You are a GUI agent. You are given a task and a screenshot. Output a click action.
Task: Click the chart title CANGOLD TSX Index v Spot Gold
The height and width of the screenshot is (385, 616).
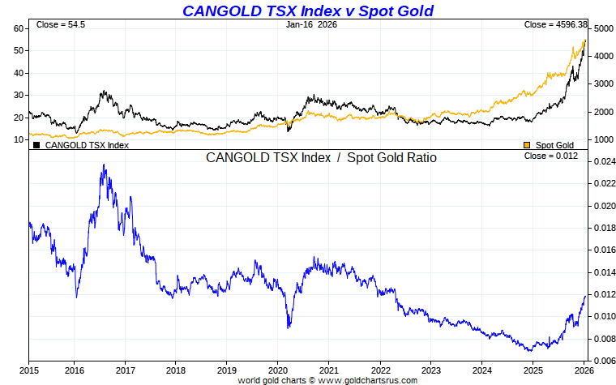(x=307, y=11)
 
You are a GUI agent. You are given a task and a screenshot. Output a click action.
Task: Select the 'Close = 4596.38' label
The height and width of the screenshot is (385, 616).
(x=555, y=25)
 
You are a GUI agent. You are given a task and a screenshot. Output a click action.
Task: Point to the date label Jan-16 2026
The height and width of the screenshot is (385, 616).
(x=311, y=25)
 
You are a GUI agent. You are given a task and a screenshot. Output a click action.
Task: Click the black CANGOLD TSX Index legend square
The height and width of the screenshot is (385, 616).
(x=36, y=145)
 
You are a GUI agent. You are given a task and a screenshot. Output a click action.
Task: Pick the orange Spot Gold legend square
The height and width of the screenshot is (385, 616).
(x=528, y=145)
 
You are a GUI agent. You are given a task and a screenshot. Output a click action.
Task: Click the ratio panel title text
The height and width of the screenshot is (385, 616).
(x=321, y=158)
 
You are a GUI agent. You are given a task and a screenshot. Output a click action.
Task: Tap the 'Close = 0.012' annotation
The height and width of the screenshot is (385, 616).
(x=551, y=156)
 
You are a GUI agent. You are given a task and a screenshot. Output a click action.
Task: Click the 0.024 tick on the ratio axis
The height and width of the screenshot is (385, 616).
(x=603, y=162)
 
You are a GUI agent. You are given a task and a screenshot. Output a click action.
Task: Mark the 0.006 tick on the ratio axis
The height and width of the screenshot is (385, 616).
(x=603, y=361)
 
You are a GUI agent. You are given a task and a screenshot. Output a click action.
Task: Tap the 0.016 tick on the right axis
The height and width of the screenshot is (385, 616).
(x=603, y=250)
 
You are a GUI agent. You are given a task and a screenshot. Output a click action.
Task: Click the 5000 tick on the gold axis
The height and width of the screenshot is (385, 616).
(x=601, y=29)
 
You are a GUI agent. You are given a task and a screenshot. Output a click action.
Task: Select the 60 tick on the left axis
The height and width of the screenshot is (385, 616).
(x=18, y=28)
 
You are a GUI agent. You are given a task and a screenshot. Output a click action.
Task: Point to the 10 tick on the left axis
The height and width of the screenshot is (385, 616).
(x=18, y=139)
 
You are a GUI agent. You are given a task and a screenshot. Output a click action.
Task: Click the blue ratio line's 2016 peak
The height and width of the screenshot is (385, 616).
(x=104, y=165)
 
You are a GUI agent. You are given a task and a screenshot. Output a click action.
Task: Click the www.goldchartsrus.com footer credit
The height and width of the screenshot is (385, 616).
(x=327, y=380)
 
